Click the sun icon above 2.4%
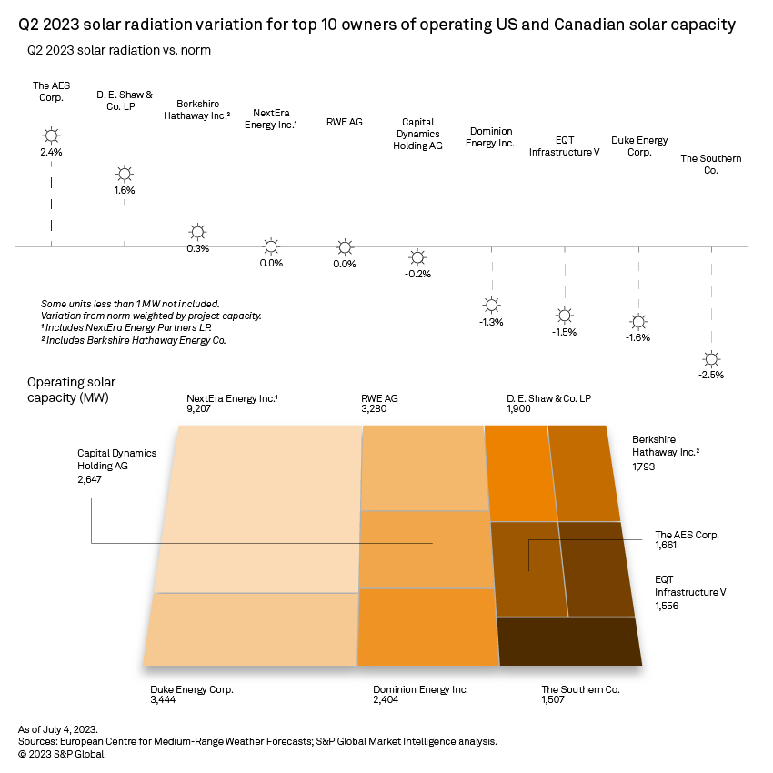point(51,136)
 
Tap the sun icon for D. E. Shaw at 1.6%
point(125,174)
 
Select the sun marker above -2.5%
point(711,358)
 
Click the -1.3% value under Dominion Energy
point(491,322)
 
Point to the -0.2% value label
point(417,274)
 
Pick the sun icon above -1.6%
point(638,321)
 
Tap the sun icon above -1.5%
point(565,316)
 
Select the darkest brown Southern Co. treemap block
point(568,640)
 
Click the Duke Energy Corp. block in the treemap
point(250,628)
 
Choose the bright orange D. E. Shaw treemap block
point(520,471)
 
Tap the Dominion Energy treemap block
point(428,627)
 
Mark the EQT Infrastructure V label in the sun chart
point(564,146)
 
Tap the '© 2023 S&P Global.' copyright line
point(63,754)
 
